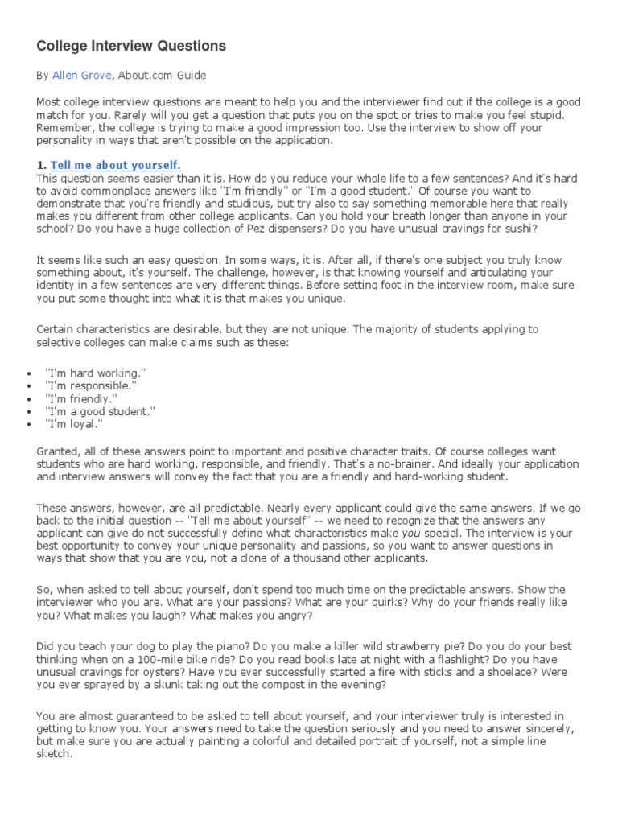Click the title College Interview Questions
tap(131, 46)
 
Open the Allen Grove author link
tap(81, 76)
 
